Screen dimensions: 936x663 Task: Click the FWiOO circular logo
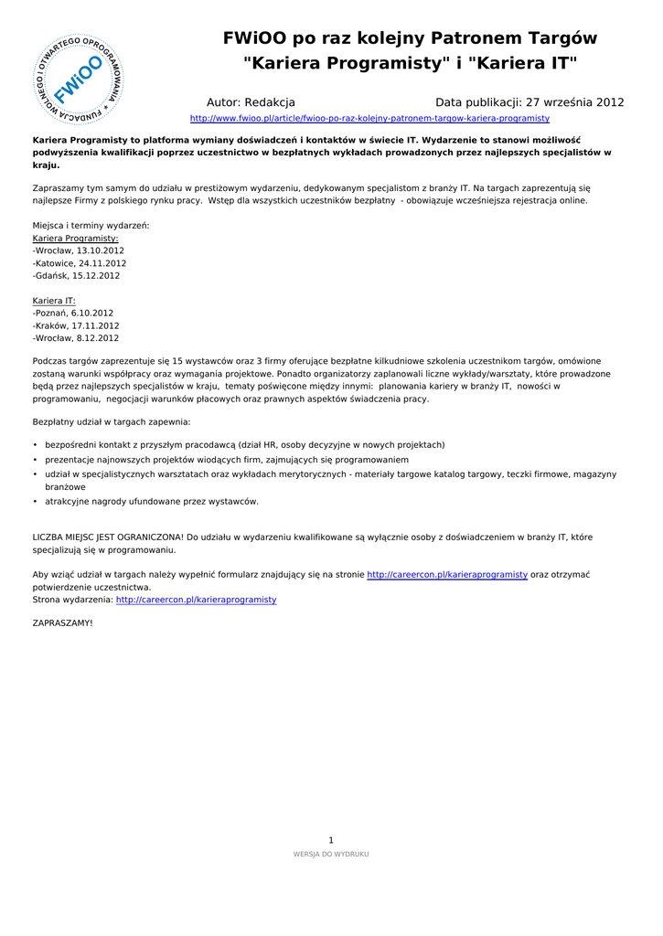pyautogui.click(x=78, y=80)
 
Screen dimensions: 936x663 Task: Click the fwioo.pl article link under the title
pyautogui.click(x=369, y=119)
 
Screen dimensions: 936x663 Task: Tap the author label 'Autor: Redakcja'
pyautogui.click(x=251, y=102)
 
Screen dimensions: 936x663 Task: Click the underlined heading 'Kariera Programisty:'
pyautogui.click(x=75, y=238)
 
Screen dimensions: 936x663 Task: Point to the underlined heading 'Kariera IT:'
pyautogui.click(x=54, y=300)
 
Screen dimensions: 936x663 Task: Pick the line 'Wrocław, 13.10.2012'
pyautogui.click(x=79, y=250)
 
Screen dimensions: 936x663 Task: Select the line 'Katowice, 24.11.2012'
pyautogui.click(x=80, y=263)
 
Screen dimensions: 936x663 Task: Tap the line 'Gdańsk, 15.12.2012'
pyautogui.click(x=76, y=275)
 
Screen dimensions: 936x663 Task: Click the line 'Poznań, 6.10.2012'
pyautogui.click(x=73, y=313)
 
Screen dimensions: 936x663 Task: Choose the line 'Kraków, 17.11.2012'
pyautogui.click(x=76, y=325)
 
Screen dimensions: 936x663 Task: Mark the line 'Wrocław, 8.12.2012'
pyautogui.click(x=76, y=337)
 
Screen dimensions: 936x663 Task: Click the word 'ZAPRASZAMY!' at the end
pyautogui.click(x=63, y=622)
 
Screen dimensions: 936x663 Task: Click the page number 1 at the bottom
pyautogui.click(x=331, y=840)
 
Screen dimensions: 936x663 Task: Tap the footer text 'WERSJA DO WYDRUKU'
pyautogui.click(x=331, y=854)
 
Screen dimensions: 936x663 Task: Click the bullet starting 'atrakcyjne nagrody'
pyautogui.click(x=152, y=501)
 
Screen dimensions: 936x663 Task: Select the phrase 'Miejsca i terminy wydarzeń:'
pyautogui.click(x=91, y=225)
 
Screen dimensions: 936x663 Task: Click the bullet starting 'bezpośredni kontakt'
pyautogui.click(x=244, y=445)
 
